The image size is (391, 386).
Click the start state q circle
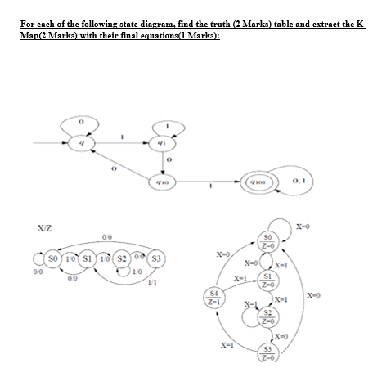pos(81,144)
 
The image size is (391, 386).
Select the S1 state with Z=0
pos(278,279)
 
